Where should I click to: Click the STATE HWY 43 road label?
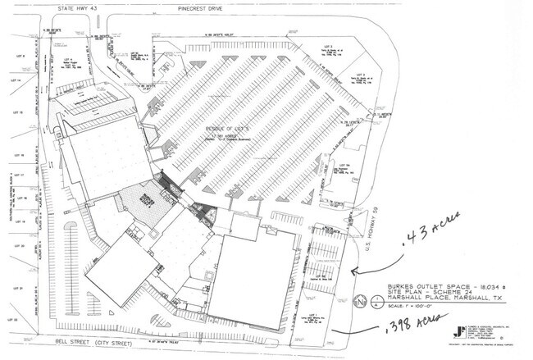(x=72, y=8)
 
